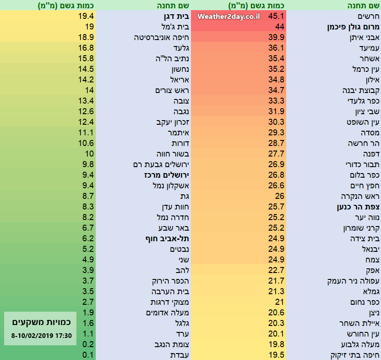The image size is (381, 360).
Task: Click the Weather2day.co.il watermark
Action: click(x=229, y=17)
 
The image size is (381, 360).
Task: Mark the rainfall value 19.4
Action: click(x=86, y=16)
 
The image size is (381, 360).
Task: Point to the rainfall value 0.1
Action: click(x=88, y=354)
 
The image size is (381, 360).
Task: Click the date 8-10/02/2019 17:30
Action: click(x=41, y=336)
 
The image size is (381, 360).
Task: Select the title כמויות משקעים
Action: click(x=41, y=322)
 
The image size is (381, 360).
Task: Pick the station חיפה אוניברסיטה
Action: click(x=164, y=37)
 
